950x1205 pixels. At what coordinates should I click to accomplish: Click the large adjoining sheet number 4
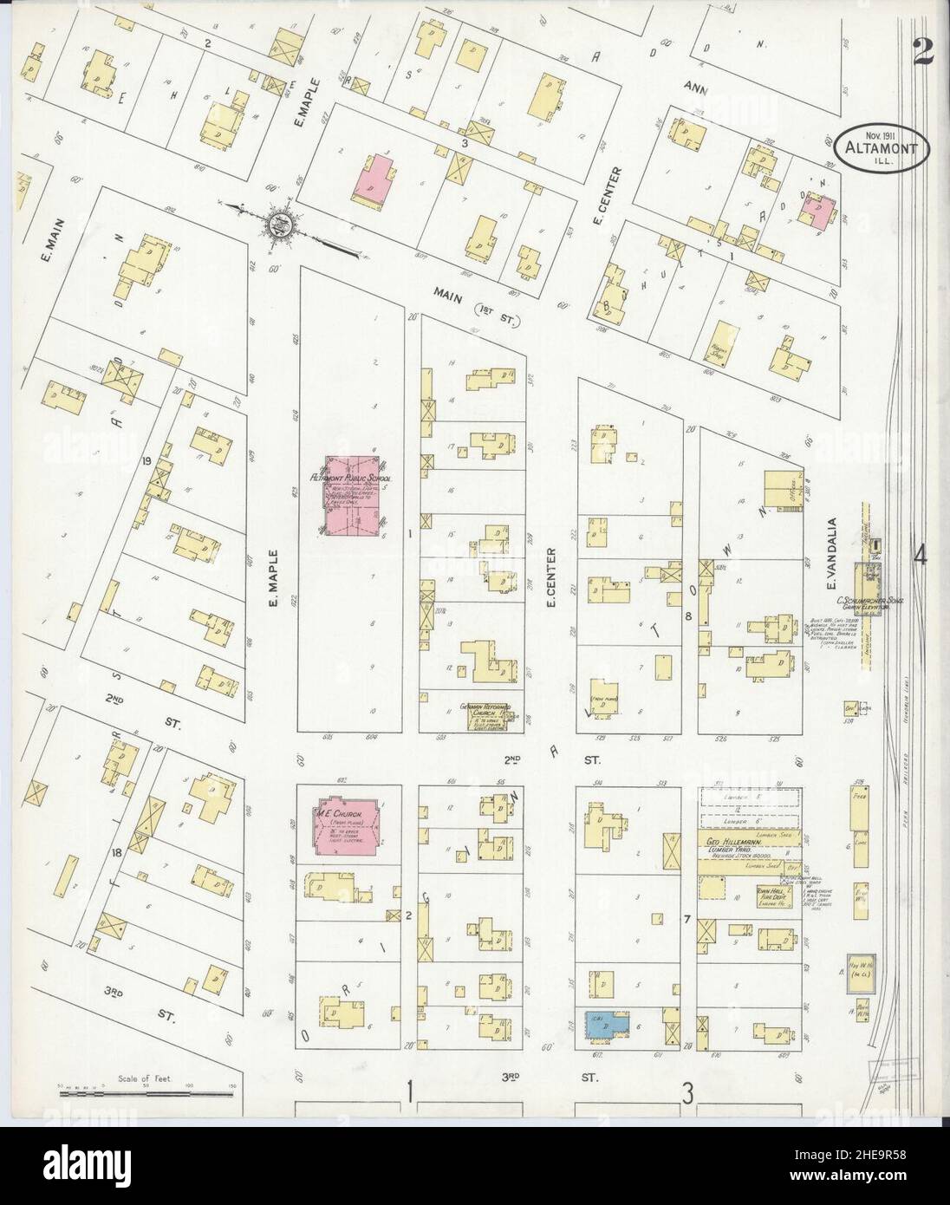[921, 556]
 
